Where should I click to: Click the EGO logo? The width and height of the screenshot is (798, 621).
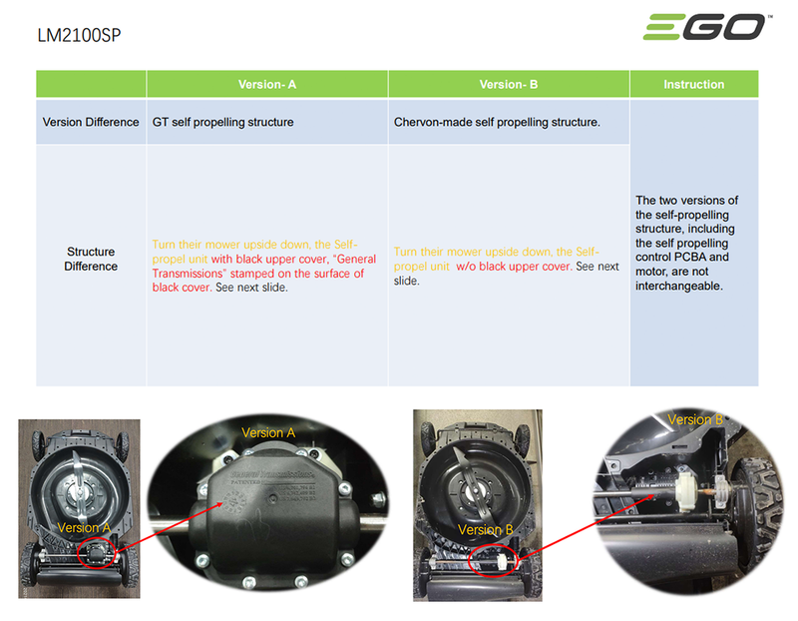(706, 27)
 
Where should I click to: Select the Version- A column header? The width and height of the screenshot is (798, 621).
(266, 85)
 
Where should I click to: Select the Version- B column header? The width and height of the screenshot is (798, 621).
(508, 85)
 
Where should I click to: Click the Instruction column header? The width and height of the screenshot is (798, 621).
(693, 85)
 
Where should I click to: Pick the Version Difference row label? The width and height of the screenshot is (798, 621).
(91, 123)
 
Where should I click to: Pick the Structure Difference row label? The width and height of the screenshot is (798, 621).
(91, 259)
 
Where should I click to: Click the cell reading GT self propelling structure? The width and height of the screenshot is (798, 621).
(222, 123)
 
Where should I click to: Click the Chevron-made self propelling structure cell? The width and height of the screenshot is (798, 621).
(497, 123)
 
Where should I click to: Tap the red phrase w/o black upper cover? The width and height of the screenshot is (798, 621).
(514, 267)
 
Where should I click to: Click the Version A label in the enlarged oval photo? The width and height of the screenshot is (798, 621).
(268, 433)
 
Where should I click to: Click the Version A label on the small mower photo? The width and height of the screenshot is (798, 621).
(84, 527)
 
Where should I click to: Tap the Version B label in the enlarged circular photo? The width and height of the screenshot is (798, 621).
(694, 419)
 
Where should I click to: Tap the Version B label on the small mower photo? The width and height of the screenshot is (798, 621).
(485, 529)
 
